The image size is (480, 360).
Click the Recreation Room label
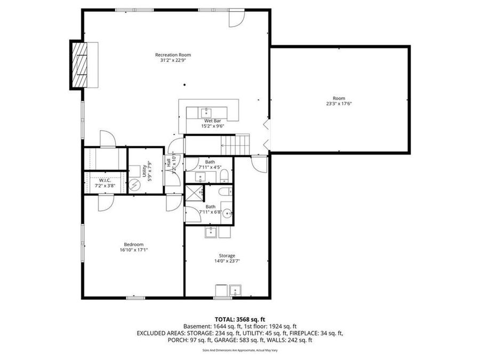click(x=173, y=55)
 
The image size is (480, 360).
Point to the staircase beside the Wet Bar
click(x=236, y=143)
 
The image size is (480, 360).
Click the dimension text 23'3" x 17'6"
click(x=339, y=103)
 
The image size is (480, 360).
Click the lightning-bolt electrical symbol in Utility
click(x=135, y=185)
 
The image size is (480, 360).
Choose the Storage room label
click(x=227, y=256)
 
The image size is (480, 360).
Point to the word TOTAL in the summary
click(x=226, y=319)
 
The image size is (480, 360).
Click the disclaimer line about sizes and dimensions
click(x=239, y=350)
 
